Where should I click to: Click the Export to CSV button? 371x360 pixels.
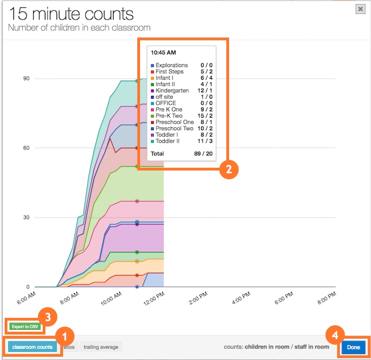(26, 327)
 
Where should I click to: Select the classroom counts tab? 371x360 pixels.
(32, 347)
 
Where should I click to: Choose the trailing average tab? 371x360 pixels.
(101, 347)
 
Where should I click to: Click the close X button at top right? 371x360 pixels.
(360, 9)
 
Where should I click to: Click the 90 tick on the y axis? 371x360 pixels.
(27, 78)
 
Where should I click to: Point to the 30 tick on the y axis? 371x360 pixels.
(27, 217)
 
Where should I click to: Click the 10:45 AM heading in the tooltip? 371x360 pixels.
(163, 53)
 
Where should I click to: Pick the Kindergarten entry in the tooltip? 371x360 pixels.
(172, 91)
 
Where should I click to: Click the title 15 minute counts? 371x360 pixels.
(70, 14)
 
